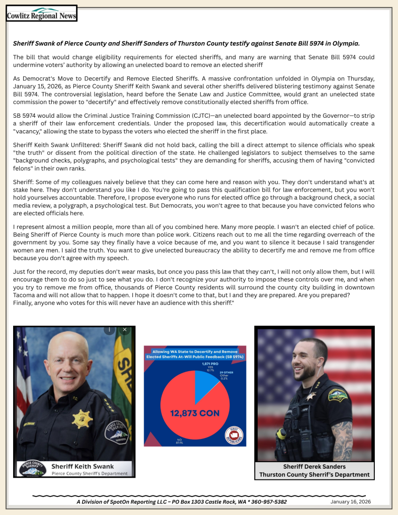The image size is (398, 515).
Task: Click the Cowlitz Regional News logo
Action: tap(41, 14)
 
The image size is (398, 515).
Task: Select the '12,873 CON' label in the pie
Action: tap(194, 413)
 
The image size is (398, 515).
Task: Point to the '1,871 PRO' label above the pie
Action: tap(210, 363)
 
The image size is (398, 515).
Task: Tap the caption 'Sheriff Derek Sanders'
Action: tap(314, 466)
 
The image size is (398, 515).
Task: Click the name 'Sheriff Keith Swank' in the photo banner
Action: tap(83, 466)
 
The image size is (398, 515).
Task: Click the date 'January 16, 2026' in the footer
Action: tap(350, 501)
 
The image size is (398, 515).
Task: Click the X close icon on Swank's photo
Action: tap(124, 330)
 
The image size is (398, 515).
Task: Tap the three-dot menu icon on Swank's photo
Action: tap(109, 330)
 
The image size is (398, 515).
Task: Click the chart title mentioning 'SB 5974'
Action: tap(195, 354)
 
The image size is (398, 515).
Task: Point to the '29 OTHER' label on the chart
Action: tap(226, 373)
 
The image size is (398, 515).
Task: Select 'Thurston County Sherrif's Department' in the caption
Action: tap(314, 474)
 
